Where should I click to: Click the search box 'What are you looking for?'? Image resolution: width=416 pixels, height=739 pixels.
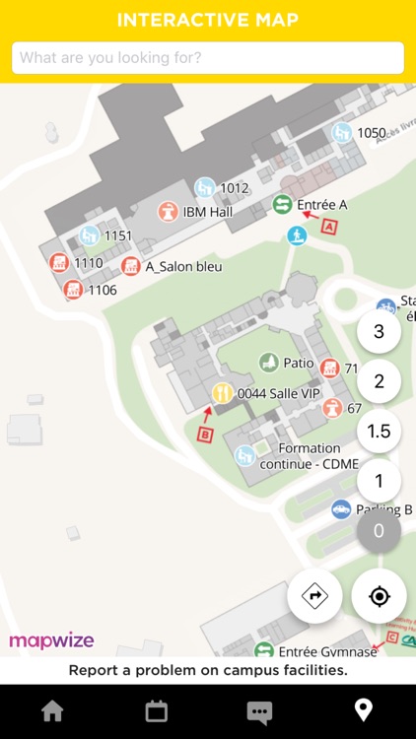tap(208, 58)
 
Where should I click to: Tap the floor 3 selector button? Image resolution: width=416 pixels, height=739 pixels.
tap(379, 331)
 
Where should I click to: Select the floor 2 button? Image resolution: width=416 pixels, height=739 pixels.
tap(379, 381)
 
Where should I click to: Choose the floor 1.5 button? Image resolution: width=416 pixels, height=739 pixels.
tap(379, 432)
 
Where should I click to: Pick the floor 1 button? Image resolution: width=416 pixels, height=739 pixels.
tap(379, 482)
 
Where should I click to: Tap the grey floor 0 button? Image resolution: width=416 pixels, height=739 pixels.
tap(379, 531)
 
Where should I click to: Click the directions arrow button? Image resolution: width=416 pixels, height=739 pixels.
tap(315, 596)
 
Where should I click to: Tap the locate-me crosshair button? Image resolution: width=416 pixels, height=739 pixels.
tap(379, 596)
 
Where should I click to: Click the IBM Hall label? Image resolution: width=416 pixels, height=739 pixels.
tap(207, 211)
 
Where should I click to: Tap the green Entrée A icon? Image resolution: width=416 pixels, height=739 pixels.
tap(282, 204)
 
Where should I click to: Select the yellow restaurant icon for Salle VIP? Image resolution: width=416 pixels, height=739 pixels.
tap(222, 393)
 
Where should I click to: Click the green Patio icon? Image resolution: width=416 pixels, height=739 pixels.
tap(268, 363)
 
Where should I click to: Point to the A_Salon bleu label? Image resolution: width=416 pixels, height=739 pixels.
tap(183, 266)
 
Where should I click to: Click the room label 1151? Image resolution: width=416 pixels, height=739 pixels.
tap(117, 235)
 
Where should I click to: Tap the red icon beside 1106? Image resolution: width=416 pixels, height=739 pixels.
tap(72, 290)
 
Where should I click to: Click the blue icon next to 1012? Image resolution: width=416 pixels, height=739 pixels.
tap(205, 187)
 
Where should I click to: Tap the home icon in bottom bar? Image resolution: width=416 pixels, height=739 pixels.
tap(52, 711)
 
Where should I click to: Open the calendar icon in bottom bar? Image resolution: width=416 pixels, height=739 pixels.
tap(156, 711)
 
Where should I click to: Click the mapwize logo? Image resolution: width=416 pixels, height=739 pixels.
tap(51, 640)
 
